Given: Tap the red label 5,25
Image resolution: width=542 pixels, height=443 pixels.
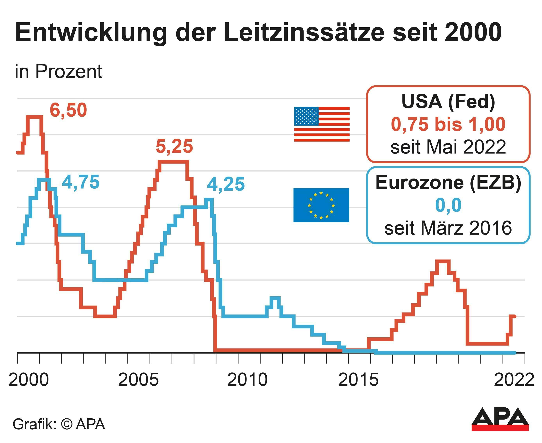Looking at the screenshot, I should click(x=174, y=146).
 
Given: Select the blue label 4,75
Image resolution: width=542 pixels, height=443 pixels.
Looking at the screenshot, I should click(x=81, y=182).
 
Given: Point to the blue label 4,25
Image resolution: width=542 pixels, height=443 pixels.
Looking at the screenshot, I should click(x=226, y=184).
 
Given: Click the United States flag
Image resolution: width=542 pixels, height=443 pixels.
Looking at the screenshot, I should click(x=322, y=124).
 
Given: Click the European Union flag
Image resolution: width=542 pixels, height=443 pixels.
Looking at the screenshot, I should click(x=321, y=205).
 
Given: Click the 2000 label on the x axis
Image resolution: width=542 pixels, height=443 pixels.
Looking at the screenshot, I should click(x=29, y=380).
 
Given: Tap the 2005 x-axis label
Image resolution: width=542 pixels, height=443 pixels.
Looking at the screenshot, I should click(x=138, y=380).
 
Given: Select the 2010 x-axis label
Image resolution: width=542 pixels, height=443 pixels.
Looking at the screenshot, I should click(x=247, y=380).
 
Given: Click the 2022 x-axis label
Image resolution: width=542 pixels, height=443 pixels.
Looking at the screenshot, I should click(x=514, y=380).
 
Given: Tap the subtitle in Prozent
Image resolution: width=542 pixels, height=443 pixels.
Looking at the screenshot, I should click(x=58, y=71).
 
